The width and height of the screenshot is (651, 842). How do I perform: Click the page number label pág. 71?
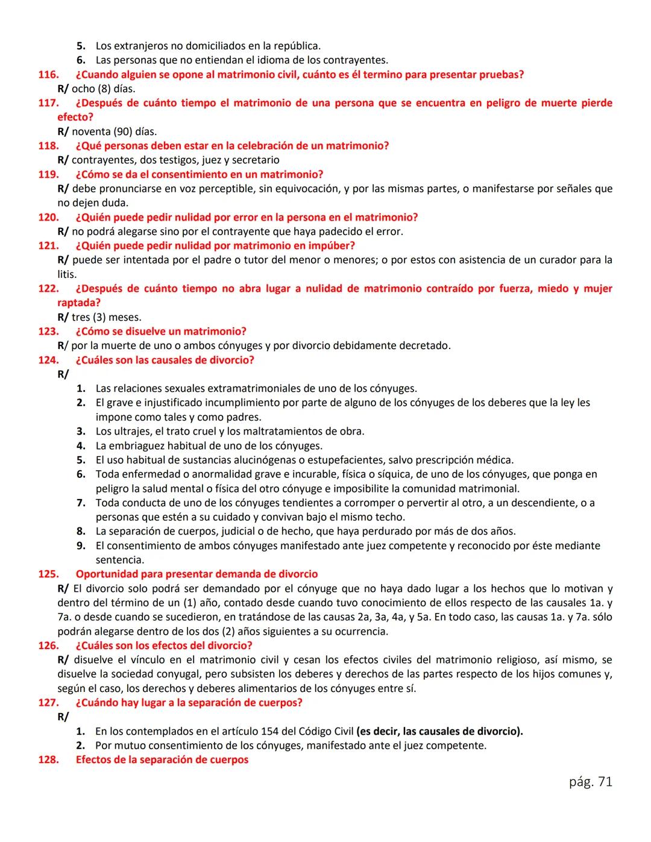point(590,782)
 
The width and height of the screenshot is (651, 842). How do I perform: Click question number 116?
point(48,75)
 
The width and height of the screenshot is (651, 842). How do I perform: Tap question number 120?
point(48,217)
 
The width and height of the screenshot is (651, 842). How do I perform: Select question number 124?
point(48,360)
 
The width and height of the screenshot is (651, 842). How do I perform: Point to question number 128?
point(48,759)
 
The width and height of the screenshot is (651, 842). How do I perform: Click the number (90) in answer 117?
point(123,131)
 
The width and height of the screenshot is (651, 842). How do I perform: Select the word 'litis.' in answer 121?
point(67,274)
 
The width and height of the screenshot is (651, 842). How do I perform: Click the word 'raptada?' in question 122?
point(79,303)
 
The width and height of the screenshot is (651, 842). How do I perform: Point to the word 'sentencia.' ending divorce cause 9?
point(120,560)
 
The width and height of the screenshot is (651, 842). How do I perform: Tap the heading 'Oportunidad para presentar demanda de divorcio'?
point(197,574)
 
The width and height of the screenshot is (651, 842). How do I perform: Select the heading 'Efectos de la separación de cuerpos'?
point(162,759)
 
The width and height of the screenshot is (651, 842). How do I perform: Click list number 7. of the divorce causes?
point(81,503)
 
